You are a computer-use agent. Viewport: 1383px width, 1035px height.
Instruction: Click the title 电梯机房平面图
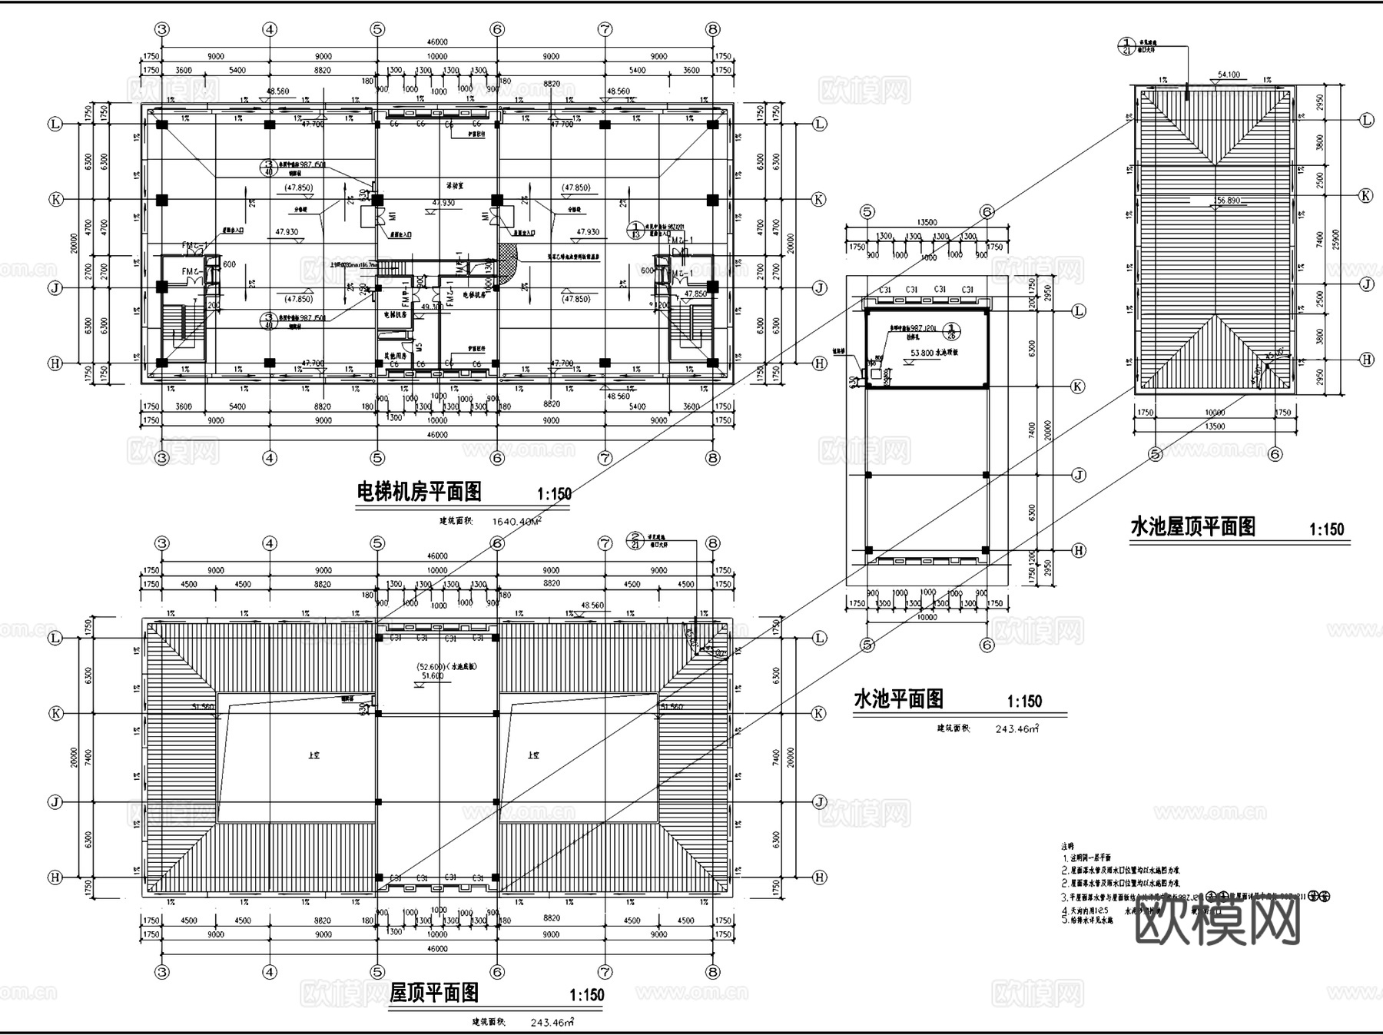(420, 492)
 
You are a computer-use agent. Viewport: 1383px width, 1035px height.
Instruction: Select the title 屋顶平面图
(434, 993)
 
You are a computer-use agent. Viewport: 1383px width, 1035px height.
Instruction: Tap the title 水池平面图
(898, 699)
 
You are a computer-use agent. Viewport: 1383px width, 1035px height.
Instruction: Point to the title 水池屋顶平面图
(1192, 527)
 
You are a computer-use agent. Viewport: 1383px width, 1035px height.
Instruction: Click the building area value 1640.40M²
(516, 521)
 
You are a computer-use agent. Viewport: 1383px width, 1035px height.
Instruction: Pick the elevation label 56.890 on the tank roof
(1226, 201)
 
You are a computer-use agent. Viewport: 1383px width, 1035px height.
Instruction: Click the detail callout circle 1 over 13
(636, 231)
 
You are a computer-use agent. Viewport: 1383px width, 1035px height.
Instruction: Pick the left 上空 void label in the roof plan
(313, 755)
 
